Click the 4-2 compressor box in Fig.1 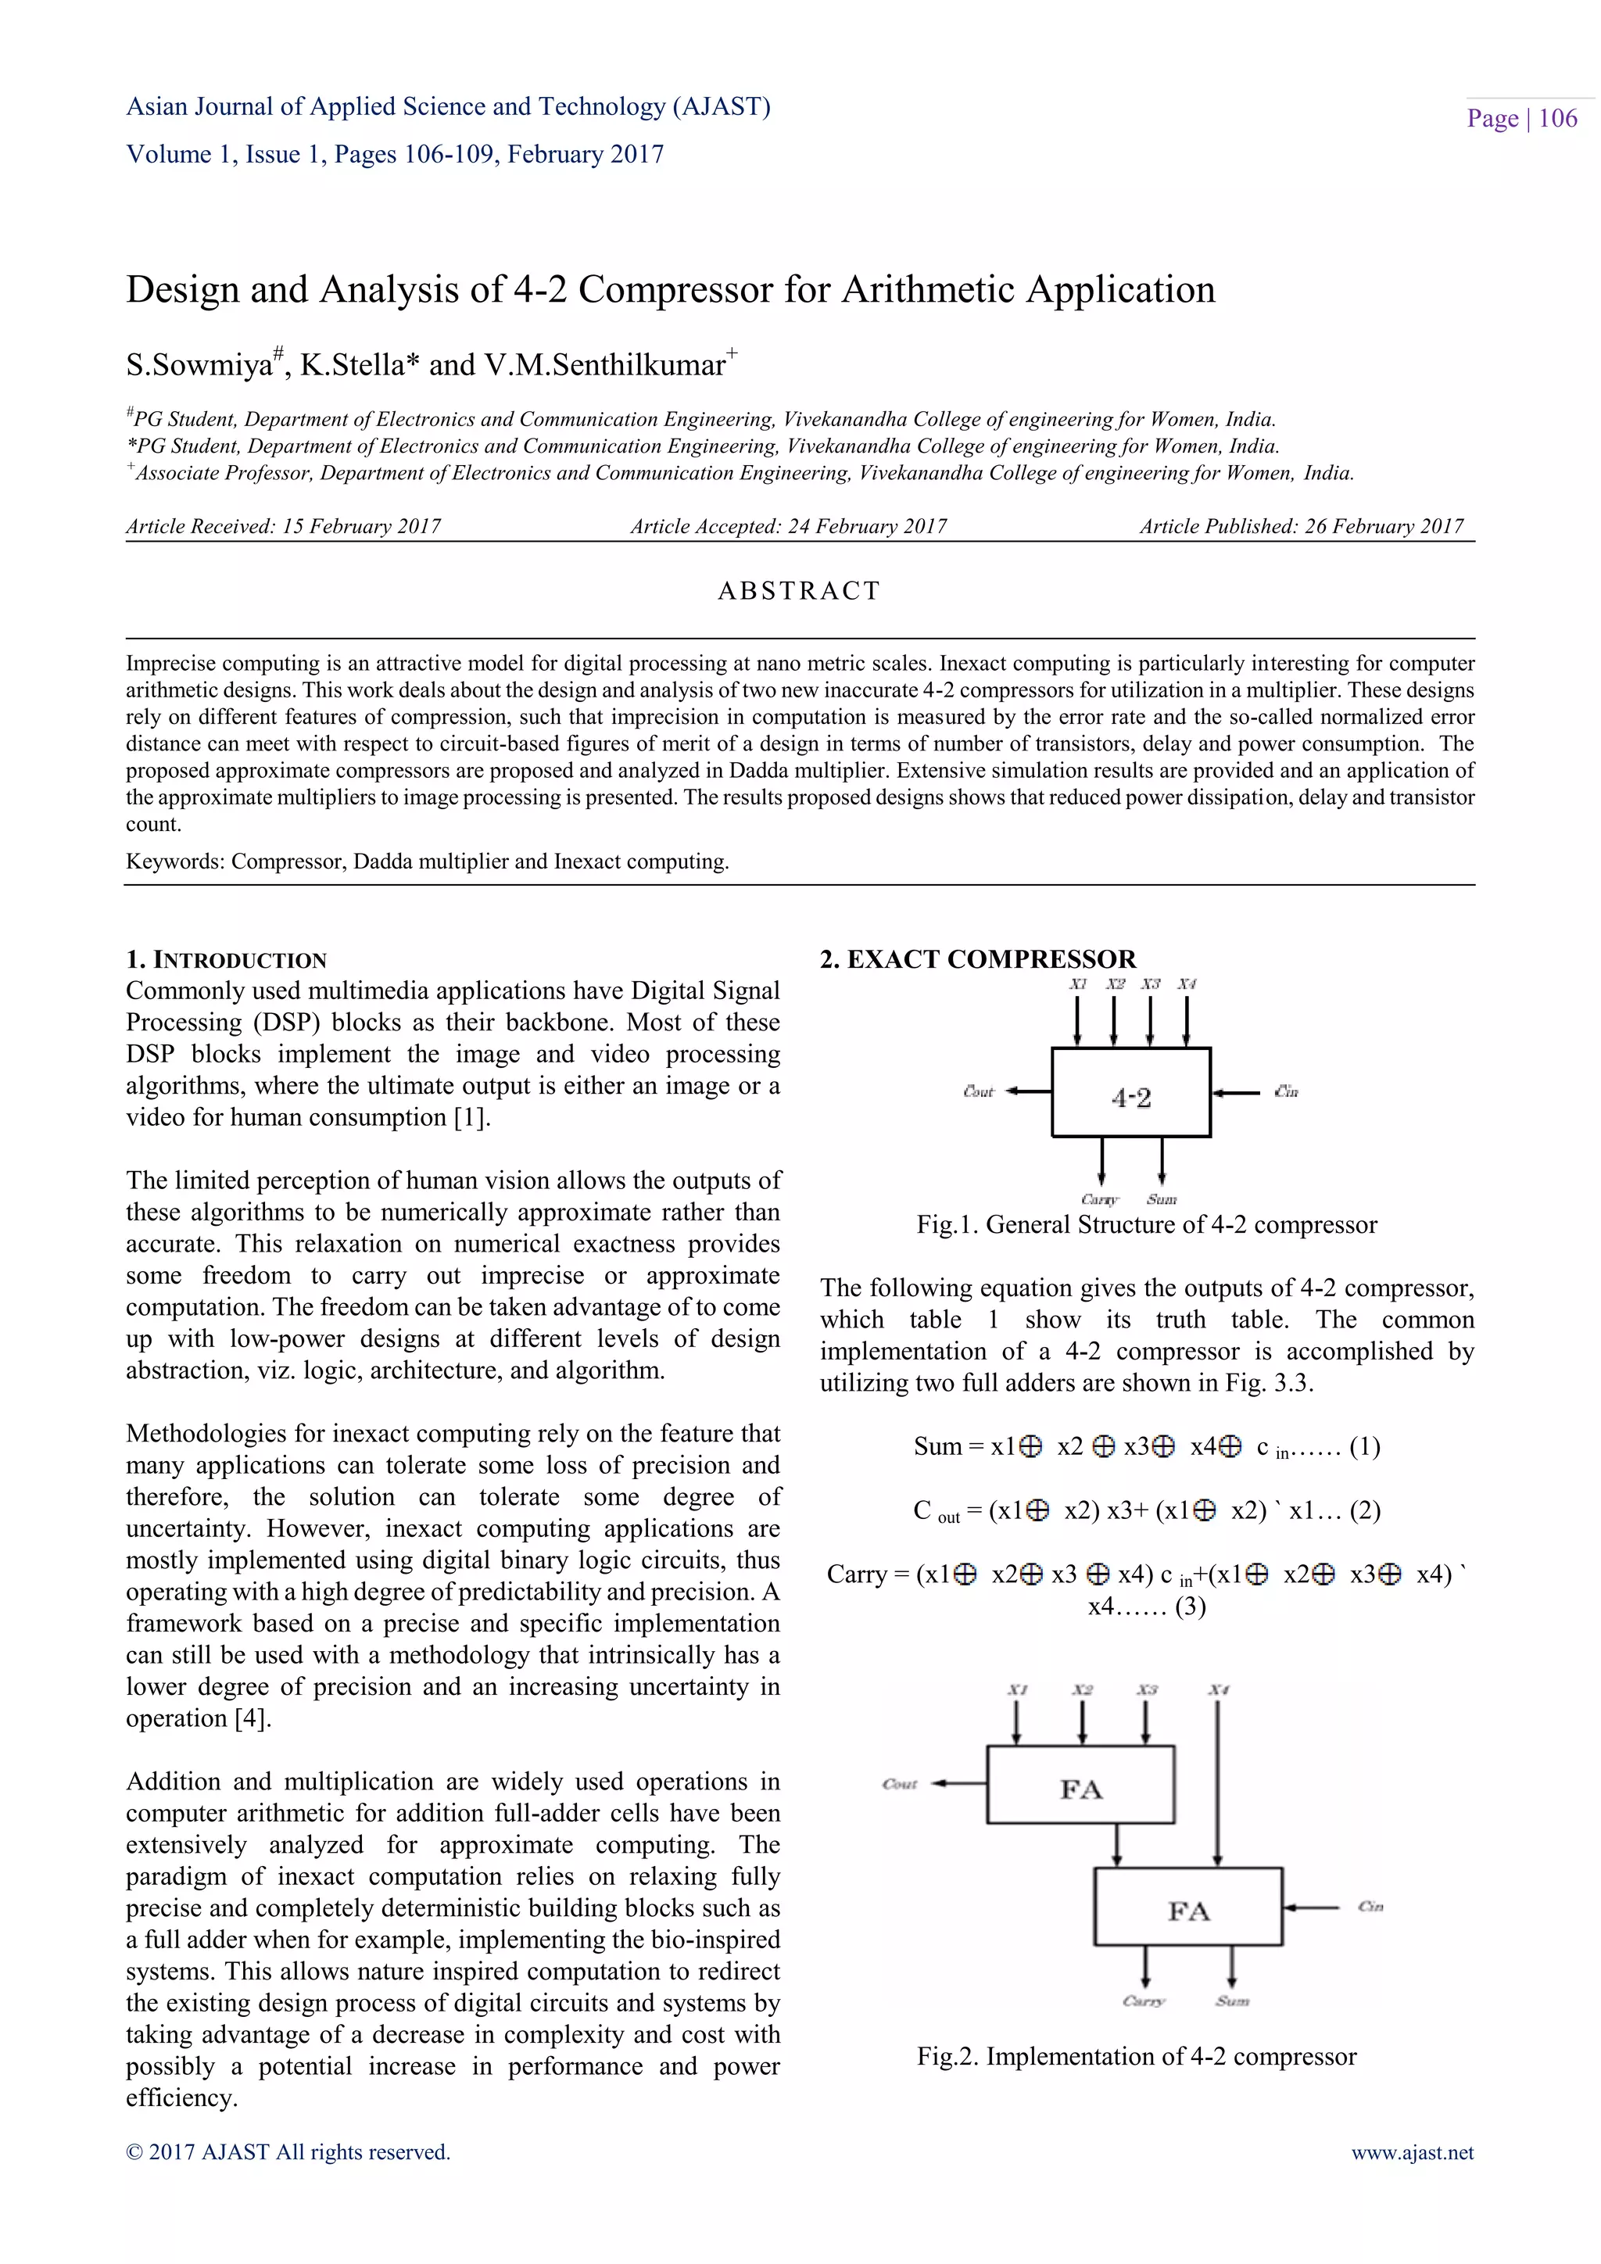tap(1130, 1093)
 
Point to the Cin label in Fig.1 tap(1285, 1091)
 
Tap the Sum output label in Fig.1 tap(1162, 1200)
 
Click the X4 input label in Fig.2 tap(1219, 1690)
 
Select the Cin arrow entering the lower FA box tap(1310, 1907)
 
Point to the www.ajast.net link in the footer tap(1412, 2152)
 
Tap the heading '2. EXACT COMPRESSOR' tap(978, 959)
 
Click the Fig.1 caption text tap(1147, 1225)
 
